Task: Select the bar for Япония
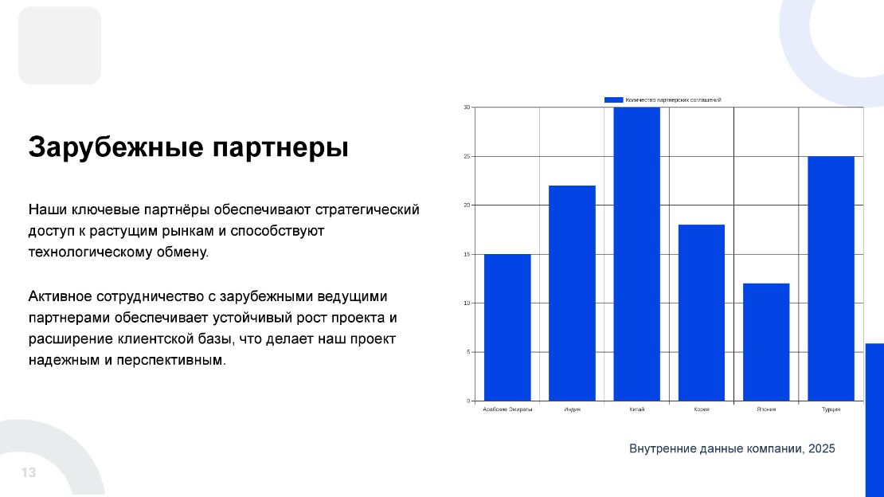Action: point(766,342)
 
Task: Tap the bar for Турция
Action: point(831,278)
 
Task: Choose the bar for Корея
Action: point(702,312)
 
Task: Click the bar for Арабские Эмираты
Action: point(507,327)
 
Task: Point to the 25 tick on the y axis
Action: point(467,156)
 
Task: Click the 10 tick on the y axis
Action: point(467,303)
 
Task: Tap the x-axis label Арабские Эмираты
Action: point(507,409)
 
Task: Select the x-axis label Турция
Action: point(831,409)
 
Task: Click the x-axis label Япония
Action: point(766,409)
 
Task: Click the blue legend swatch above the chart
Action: point(613,100)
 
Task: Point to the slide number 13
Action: point(29,473)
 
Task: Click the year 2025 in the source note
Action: point(821,449)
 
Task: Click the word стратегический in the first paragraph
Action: point(367,210)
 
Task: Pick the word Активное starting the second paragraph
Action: point(61,296)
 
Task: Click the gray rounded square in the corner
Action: point(60,45)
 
